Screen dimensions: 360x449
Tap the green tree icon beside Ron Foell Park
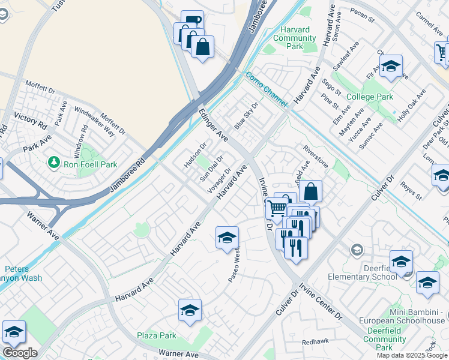coord(53,163)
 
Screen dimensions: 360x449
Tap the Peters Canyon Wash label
coord(24,274)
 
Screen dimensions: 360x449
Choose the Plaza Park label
coord(156,335)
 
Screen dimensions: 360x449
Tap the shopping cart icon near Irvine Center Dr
coord(276,208)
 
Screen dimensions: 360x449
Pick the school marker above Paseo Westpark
coord(227,238)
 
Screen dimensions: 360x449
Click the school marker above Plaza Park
coord(190,310)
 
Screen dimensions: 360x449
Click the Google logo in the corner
coord(19,352)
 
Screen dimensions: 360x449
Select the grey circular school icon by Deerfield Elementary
coord(357,250)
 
